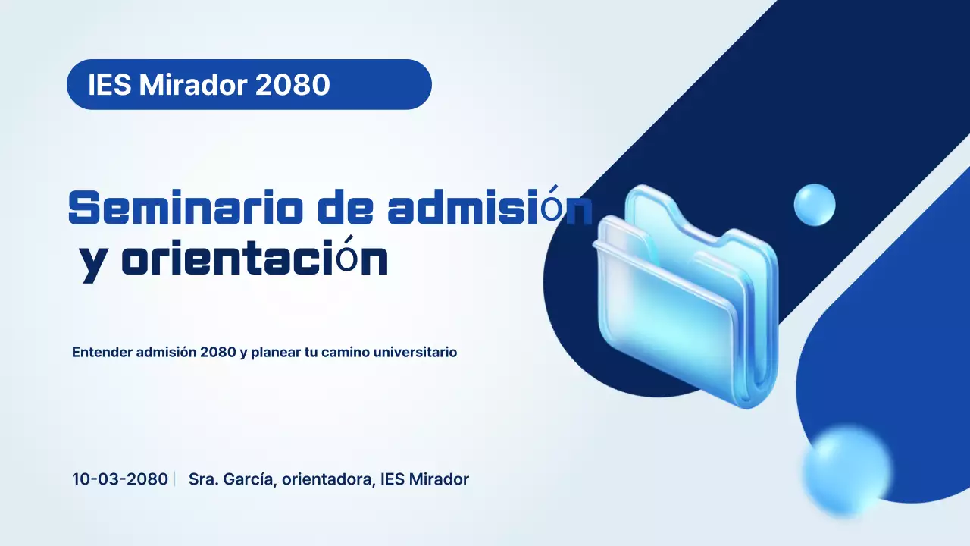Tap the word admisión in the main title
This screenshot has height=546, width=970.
[490, 208]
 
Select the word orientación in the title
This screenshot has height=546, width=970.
[255, 260]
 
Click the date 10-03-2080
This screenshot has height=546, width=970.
[120, 479]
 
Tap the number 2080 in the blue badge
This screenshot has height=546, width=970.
[293, 85]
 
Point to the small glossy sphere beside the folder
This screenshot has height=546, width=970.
[815, 204]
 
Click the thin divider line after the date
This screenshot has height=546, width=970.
[175, 479]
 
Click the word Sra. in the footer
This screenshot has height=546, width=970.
[202, 479]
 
